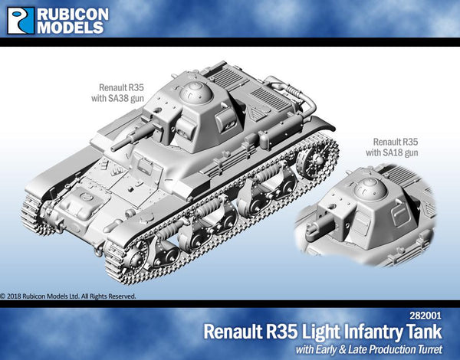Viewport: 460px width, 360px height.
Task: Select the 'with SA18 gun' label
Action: pos(396,152)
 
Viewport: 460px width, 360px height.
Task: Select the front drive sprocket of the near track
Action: pos(123,252)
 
